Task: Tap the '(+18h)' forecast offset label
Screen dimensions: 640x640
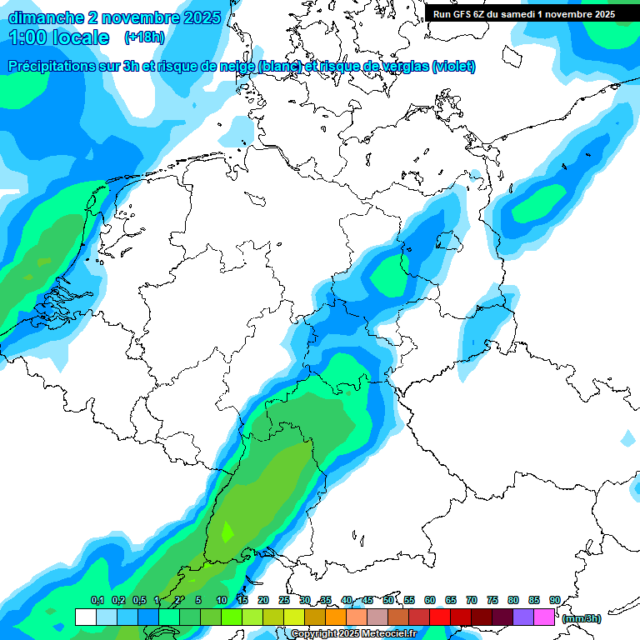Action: click(144, 37)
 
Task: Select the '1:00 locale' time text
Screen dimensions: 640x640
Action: click(58, 37)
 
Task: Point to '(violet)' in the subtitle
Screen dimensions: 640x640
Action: click(453, 67)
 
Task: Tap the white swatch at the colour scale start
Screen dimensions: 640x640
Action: click(85, 617)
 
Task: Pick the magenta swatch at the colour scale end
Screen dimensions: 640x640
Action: click(544, 617)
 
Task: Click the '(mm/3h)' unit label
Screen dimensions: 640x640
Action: click(581, 618)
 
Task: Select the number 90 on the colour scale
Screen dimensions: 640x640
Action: click(554, 600)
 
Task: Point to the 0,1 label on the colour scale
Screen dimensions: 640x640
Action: click(97, 600)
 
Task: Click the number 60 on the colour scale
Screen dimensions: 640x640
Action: click(430, 600)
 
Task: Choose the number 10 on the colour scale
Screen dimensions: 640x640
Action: click(222, 600)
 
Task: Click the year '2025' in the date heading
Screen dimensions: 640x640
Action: click(200, 17)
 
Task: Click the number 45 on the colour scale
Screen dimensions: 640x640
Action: click(367, 600)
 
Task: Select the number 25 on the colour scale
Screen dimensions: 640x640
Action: click(284, 600)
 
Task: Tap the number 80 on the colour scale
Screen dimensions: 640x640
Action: click(513, 600)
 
